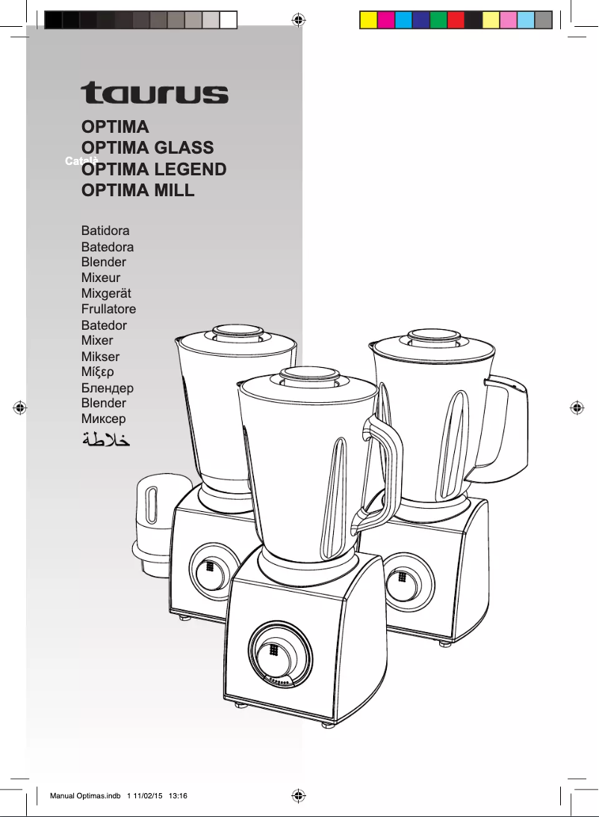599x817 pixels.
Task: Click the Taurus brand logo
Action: (x=155, y=93)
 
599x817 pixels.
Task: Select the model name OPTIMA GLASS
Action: (x=147, y=147)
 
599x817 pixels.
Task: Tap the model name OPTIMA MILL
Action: (x=137, y=190)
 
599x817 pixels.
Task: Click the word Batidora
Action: (x=105, y=231)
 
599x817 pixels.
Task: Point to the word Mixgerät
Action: (x=106, y=293)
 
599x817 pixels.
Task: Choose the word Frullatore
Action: (x=108, y=309)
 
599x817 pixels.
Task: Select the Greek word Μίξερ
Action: (x=98, y=372)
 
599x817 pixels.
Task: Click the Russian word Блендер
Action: (x=107, y=388)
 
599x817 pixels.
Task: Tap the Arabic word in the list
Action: (x=106, y=439)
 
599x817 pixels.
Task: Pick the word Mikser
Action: (x=100, y=357)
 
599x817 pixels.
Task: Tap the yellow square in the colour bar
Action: (x=368, y=19)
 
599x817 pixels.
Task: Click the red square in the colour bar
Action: (x=455, y=19)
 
